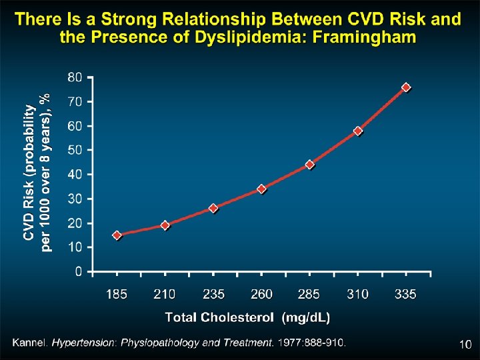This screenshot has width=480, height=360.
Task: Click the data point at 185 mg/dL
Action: point(117,235)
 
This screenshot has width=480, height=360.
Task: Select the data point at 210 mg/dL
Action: point(165,225)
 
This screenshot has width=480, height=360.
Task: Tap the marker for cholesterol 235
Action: point(213,208)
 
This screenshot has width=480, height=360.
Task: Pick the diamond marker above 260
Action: point(261,189)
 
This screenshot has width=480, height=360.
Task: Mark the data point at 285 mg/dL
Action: point(309,165)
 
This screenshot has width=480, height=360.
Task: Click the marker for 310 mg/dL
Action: point(358,131)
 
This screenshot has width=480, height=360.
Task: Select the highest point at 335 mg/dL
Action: point(406,87)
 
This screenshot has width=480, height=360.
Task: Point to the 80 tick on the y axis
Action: point(75,77)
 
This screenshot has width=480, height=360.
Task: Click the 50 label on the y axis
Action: point(75,150)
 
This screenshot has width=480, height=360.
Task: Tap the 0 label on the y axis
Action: point(79,271)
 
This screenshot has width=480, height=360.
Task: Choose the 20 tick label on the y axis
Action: point(75,223)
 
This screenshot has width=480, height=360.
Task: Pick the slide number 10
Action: point(465,345)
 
